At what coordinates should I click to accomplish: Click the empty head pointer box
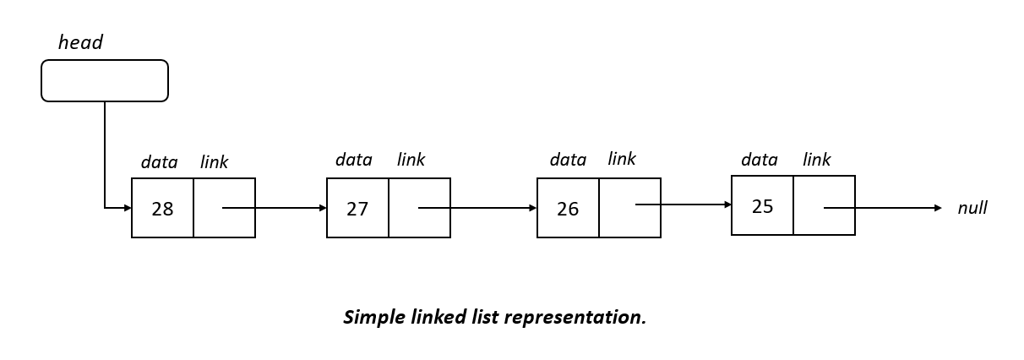(105, 81)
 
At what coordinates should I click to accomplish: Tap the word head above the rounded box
(80, 43)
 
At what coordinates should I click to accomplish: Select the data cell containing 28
(162, 208)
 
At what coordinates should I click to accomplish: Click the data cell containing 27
(357, 208)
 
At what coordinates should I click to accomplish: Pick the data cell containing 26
(568, 208)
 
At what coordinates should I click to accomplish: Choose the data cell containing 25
(762, 205)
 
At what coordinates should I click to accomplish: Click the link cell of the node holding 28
(224, 208)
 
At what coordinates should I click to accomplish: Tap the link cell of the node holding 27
(419, 208)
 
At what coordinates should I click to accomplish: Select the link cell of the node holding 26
(629, 208)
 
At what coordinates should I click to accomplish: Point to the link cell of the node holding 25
(824, 205)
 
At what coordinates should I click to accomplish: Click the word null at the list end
(972, 208)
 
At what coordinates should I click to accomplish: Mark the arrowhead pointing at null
(937, 208)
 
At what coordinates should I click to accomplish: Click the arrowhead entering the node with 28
(128, 208)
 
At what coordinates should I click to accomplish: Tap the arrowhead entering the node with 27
(323, 208)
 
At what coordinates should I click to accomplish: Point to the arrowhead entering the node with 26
(533, 208)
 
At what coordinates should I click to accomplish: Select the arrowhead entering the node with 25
(727, 205)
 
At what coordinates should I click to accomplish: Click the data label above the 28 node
(159, 162)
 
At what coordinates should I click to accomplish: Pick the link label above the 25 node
(816, 160)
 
